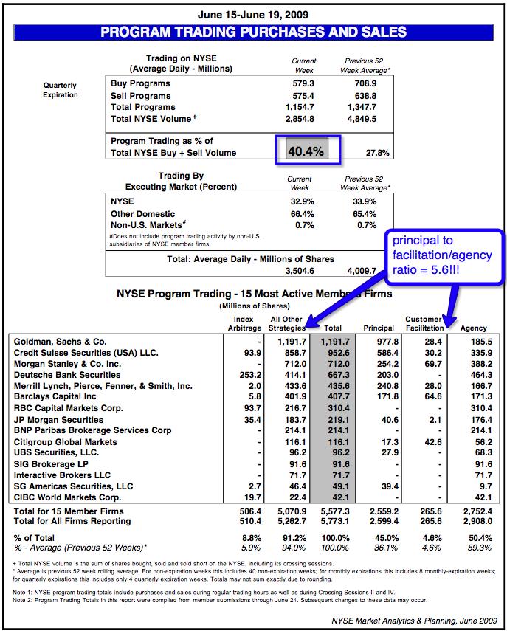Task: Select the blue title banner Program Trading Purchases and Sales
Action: coord(253,32)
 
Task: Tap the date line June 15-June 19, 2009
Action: coord(253,14)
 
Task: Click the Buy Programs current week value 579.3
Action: coord(303,84)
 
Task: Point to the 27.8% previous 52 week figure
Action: coord(377,153)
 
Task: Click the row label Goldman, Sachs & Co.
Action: coord(60,341)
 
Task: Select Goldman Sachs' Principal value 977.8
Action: coord(387,341)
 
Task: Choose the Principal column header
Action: coord(379,327)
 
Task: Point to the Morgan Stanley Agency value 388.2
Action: coord(480,363)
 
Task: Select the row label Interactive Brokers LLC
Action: coord(62,475)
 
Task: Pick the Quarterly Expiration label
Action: coord(60,90)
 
